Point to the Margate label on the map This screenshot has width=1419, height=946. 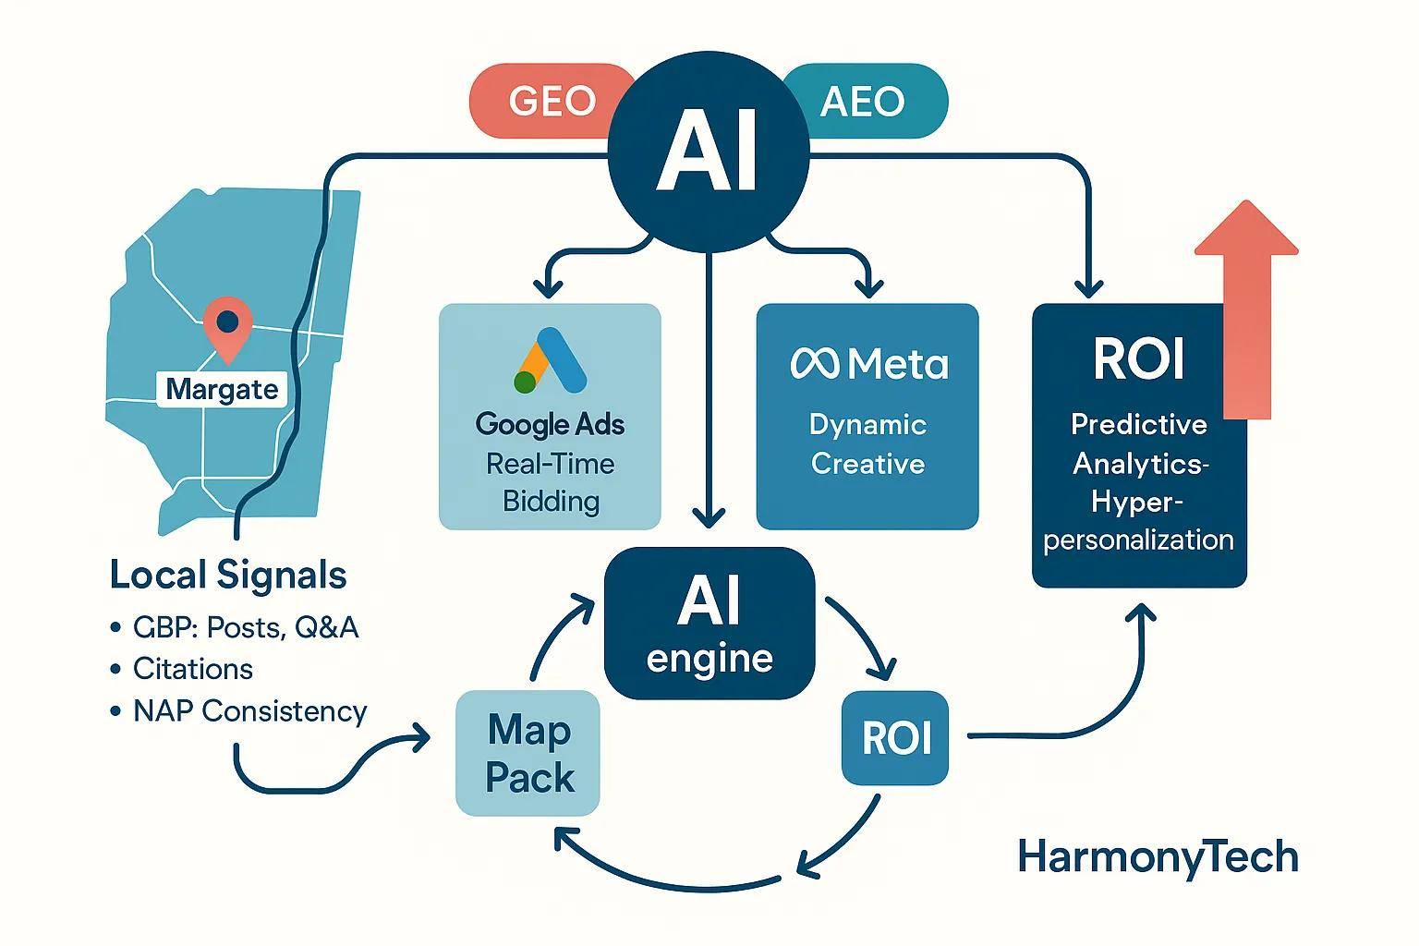click(x=222, y=389)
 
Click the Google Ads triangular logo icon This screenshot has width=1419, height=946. click(x=551, y=361)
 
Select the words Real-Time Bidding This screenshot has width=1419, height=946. click(x=551, y=482)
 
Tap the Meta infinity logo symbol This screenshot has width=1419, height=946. click(x=814, y=364)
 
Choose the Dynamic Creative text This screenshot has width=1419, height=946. click(x=867, y=444)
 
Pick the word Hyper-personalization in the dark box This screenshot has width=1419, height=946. click(x=1138, y=521)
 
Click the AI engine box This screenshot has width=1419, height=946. click(x=709, y=624)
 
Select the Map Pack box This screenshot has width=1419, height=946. click(x=528, y=753)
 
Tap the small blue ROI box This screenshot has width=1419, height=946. click(x=895, y=738)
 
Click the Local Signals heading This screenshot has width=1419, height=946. click(x=228, y=575)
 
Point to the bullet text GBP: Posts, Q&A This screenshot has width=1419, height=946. click(x=245, y=627)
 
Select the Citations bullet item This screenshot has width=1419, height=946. click(x=193, y=669)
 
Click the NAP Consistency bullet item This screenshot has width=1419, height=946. click(x=249, y=710)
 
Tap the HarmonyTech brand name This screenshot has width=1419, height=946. click(x=1158, y=857)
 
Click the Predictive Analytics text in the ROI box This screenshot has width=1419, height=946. click(x=1139, y=443)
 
